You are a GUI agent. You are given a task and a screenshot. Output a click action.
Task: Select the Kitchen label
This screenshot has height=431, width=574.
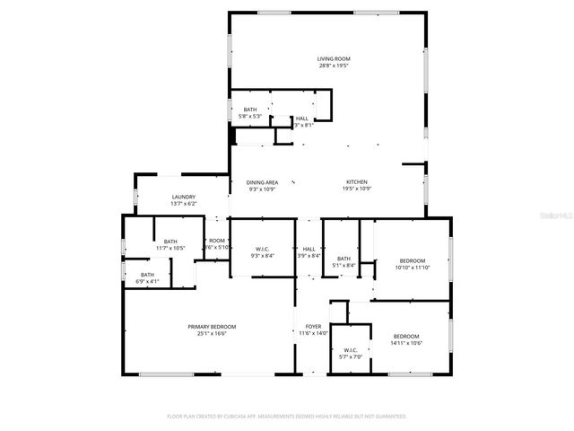tap(356, 182)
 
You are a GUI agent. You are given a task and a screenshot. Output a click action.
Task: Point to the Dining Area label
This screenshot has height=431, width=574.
tap(262, 182)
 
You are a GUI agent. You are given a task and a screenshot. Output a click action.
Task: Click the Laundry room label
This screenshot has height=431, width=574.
tap(184, 198)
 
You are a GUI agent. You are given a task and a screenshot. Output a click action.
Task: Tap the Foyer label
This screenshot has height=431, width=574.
tap(313, 326)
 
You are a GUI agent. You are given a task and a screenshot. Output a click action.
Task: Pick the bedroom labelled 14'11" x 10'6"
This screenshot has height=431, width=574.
tap(406, 339)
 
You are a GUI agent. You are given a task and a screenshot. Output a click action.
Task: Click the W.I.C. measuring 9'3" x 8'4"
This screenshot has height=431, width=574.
tap(261, 252)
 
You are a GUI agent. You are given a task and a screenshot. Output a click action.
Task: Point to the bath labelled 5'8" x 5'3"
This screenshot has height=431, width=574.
tap(249, 112)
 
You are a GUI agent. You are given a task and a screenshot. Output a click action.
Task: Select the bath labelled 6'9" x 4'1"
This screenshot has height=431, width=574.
tap(147, 277)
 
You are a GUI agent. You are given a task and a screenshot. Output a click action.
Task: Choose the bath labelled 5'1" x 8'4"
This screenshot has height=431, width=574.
tap(344, 261)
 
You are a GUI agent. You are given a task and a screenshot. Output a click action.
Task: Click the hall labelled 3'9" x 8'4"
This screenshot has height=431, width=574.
tap(309, 252)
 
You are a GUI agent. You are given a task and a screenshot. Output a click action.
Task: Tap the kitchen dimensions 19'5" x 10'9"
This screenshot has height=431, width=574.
tap(356, 189)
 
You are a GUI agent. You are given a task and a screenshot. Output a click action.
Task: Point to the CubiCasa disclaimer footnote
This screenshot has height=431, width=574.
tap(287, 417)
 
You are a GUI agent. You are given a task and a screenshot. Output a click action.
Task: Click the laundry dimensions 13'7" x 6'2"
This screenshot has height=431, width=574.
tap(184, 204)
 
